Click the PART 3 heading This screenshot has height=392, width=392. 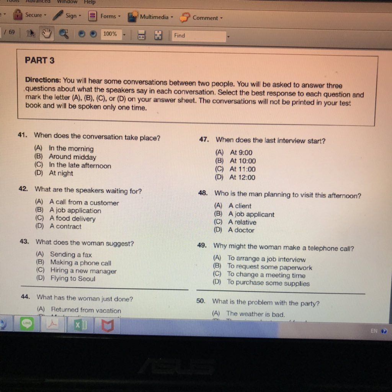[x=39, y=60]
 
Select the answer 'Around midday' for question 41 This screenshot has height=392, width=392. [x=72, y=157]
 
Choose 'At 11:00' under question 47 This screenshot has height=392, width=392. [x=242, y=169]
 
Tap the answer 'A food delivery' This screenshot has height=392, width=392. [x=72, y=219]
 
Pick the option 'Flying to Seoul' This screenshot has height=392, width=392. [x=73, y=279]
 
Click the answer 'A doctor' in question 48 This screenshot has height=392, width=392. [x=241, y=230]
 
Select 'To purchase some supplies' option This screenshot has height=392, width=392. [x=268, y=283]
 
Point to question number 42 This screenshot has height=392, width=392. [x=23, y=189]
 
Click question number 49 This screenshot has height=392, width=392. [x=202, y=245]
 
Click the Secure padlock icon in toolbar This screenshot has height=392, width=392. [x=18, y=15]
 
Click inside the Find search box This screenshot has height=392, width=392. [x=198, y=36]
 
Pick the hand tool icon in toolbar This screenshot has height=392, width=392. [x=46, y=33]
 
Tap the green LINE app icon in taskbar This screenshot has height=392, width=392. [x=27, y=324]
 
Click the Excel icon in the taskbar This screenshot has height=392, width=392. [x=80, y=325]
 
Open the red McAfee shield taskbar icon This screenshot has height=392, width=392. [x=108, y=326]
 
